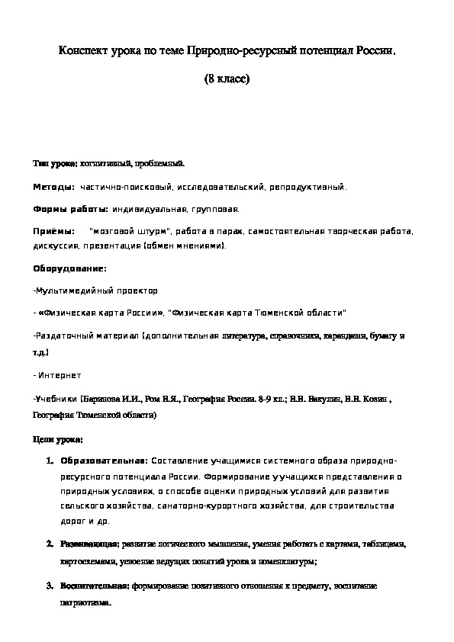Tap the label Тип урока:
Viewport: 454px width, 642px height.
coord(55,164)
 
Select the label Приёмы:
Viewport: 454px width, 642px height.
coord(54,231)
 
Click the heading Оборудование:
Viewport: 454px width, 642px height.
coord(69,268)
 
